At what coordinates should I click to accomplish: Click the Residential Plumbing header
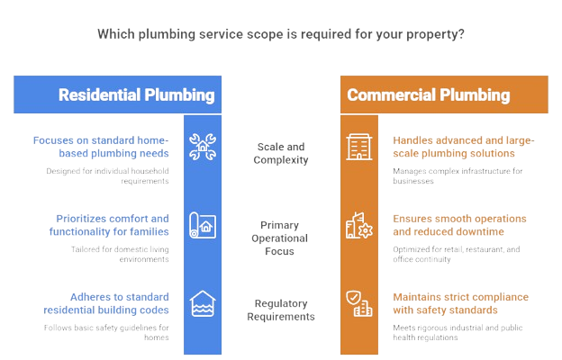[137, 94]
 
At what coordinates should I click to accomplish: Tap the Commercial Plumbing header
[429, 94]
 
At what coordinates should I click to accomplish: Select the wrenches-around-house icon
[203, 147]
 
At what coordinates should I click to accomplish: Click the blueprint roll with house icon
[203, 225]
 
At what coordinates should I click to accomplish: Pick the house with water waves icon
[203, 303]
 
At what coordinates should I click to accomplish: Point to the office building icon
[359, 147]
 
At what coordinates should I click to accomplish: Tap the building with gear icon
[359, 225]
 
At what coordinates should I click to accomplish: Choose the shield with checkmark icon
[359, 303]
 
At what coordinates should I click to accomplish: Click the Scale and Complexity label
[281, 153]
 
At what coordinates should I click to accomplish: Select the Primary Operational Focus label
[279, 238]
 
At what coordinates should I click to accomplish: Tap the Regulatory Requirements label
[281, 310]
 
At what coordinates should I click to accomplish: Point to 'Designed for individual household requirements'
[107, 175]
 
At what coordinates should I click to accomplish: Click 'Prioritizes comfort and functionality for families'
[109, 225]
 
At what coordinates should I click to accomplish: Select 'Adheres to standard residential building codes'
[106, 303]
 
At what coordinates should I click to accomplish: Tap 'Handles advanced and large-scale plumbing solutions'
[464, 147]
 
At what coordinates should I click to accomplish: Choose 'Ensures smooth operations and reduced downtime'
[459, 225]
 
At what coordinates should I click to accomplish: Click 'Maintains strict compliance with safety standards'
[460, 303]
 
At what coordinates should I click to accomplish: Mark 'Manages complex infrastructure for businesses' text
[458, 175]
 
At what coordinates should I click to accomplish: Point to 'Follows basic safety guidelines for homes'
[106, 332]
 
